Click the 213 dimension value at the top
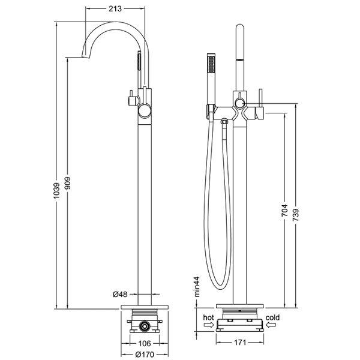click(x=116, y=8)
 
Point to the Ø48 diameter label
click(x=121, y=294)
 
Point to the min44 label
click(x=196, y=287)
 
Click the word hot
click(x=208, y=316)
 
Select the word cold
click(x=274, y=316)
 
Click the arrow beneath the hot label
click(x=208, y=325)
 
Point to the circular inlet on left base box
click(x=144, y=326)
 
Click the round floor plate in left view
click(x=144, y=307)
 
